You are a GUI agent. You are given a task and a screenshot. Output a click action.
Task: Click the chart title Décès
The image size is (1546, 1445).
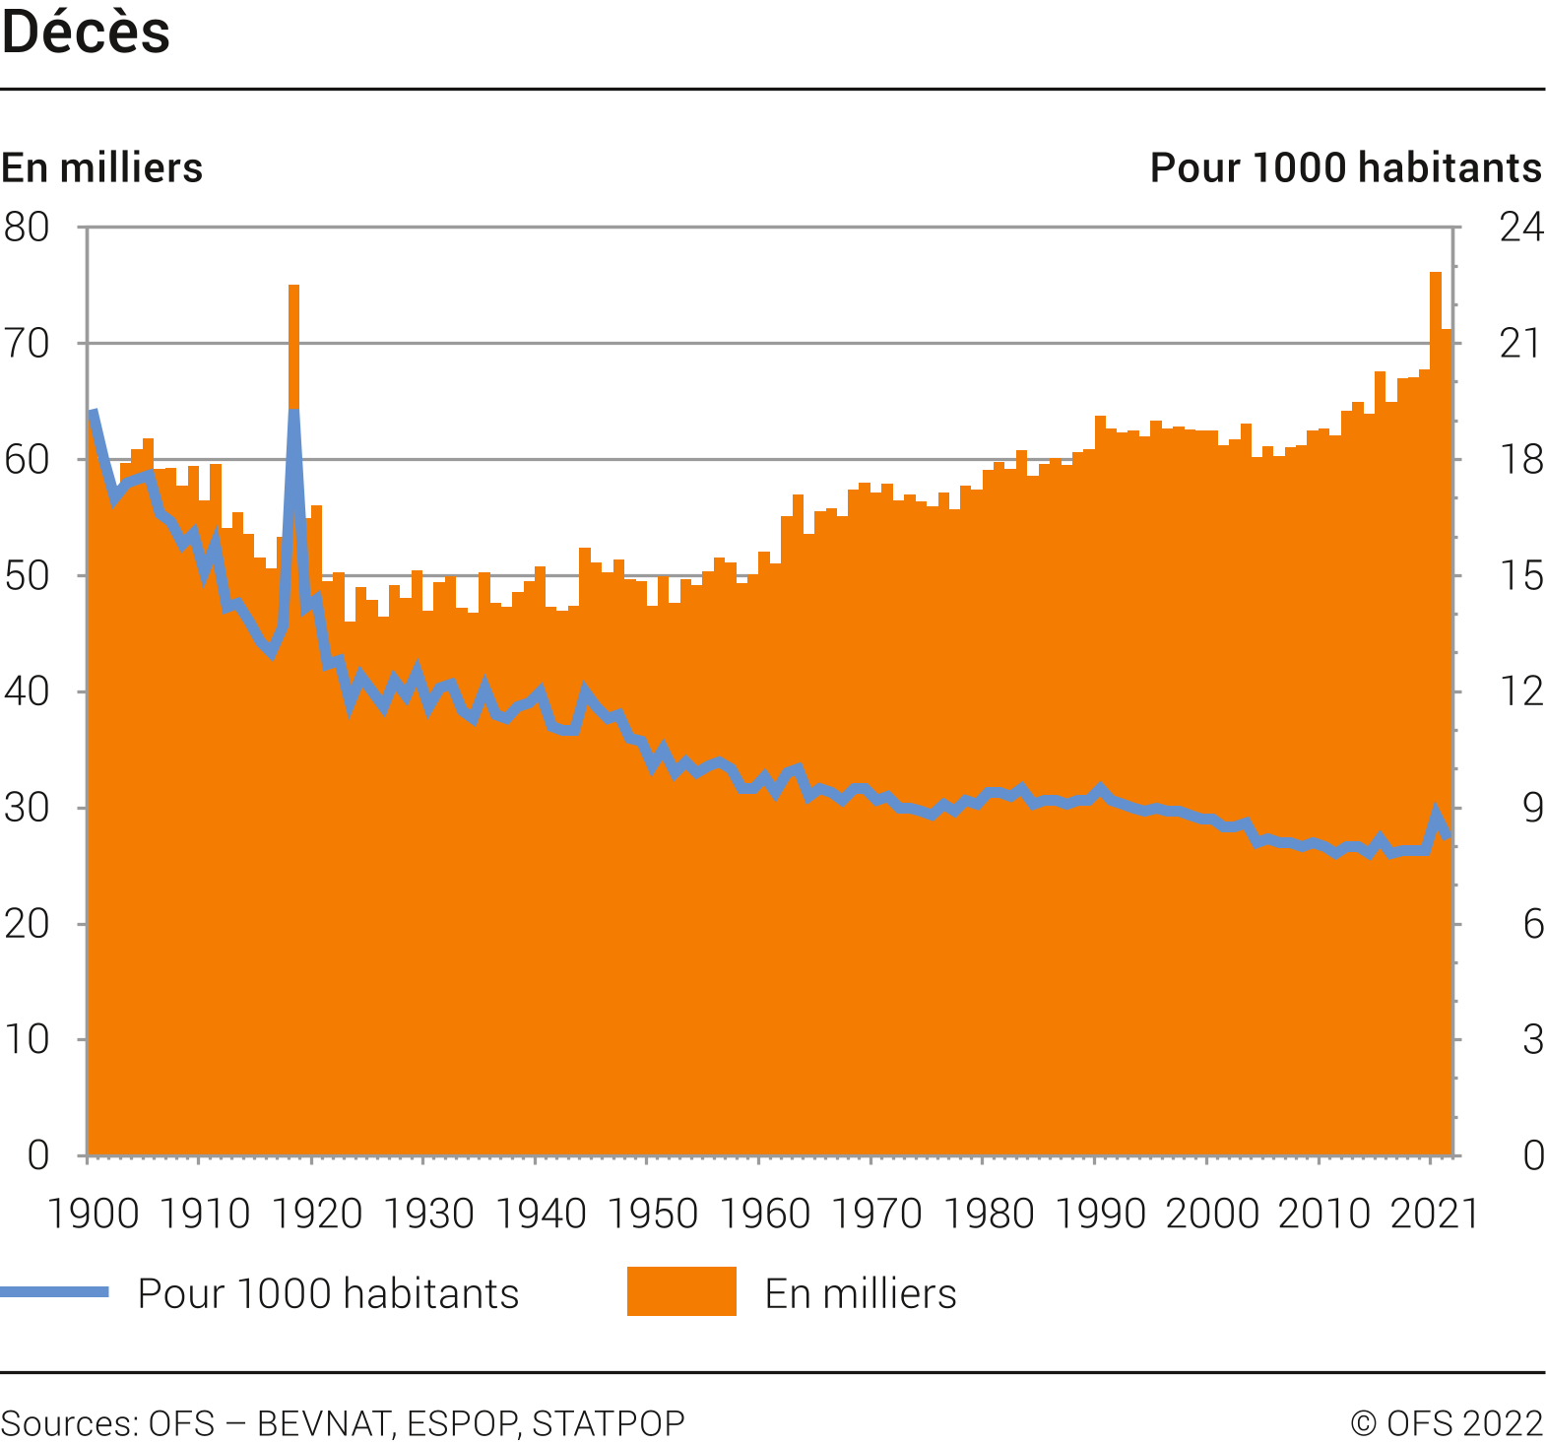pos(86,33)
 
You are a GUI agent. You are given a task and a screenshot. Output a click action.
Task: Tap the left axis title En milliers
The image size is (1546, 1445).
pos(101,167)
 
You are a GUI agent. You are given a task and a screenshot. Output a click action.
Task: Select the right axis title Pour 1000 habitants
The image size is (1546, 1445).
pos(1345,167)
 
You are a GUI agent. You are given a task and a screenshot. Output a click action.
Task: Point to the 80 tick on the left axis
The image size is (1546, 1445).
pos(27,228)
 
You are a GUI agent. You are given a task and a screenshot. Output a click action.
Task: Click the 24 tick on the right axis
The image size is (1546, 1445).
pos(1520,228)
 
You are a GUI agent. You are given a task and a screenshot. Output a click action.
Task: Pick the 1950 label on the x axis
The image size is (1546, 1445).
pos(652,1214)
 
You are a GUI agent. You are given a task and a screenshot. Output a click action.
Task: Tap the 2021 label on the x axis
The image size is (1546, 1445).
pos(1434,1214)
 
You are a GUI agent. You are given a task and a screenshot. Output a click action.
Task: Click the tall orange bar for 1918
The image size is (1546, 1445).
pos(293,345)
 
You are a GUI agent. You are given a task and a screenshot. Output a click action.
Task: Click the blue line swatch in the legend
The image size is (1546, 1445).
pos(54,1292)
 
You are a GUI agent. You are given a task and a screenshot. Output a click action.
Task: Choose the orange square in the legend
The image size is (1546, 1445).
pos(681,1291)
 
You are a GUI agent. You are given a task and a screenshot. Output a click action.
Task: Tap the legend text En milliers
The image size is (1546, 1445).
pos(860,1293)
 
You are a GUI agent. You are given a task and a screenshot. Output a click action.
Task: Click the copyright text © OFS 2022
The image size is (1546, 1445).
pos(1446,1423)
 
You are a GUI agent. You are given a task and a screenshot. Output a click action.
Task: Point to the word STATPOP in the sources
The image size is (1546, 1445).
pos(608,1423)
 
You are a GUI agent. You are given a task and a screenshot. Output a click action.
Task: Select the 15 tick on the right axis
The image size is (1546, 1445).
pos(1520,576)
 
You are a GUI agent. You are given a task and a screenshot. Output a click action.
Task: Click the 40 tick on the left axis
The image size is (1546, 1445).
pos(27,691)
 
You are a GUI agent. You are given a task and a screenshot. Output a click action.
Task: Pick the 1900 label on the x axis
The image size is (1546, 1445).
pos(93,1214)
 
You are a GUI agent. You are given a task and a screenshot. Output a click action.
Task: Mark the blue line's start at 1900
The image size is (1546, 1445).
pos(93,412)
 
